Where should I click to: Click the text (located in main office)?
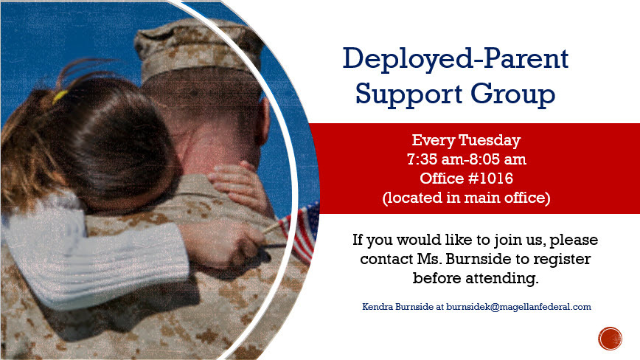click(466, 198)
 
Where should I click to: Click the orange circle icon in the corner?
click(611, 339)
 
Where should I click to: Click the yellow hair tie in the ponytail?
click(59, 95)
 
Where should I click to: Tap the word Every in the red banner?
click(431, 140)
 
